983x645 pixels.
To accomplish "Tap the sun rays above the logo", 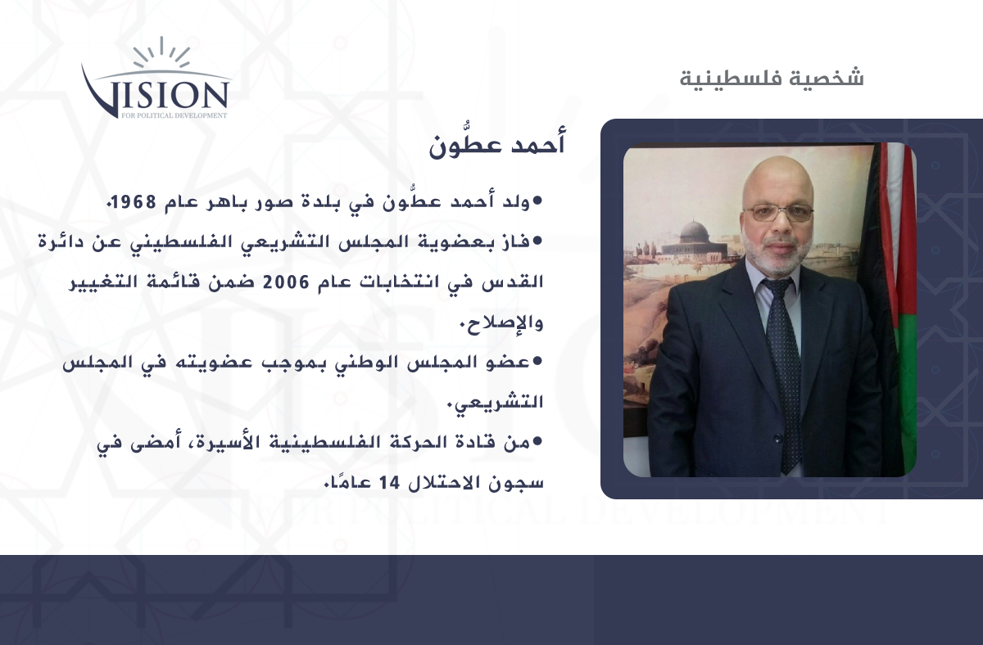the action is tap(161, 52).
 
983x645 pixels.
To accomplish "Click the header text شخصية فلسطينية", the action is tap(772, 78).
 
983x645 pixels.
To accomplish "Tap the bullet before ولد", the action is tap(537, 201).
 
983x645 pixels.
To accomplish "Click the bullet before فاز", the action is tap(537, 241).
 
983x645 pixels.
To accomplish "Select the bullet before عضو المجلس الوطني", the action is tap(537, 361).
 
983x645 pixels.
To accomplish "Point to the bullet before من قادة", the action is tap(537, 441).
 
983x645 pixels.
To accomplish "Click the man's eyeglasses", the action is tap(778, 214).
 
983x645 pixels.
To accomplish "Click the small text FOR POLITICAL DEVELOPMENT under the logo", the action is tap(174, 115).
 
